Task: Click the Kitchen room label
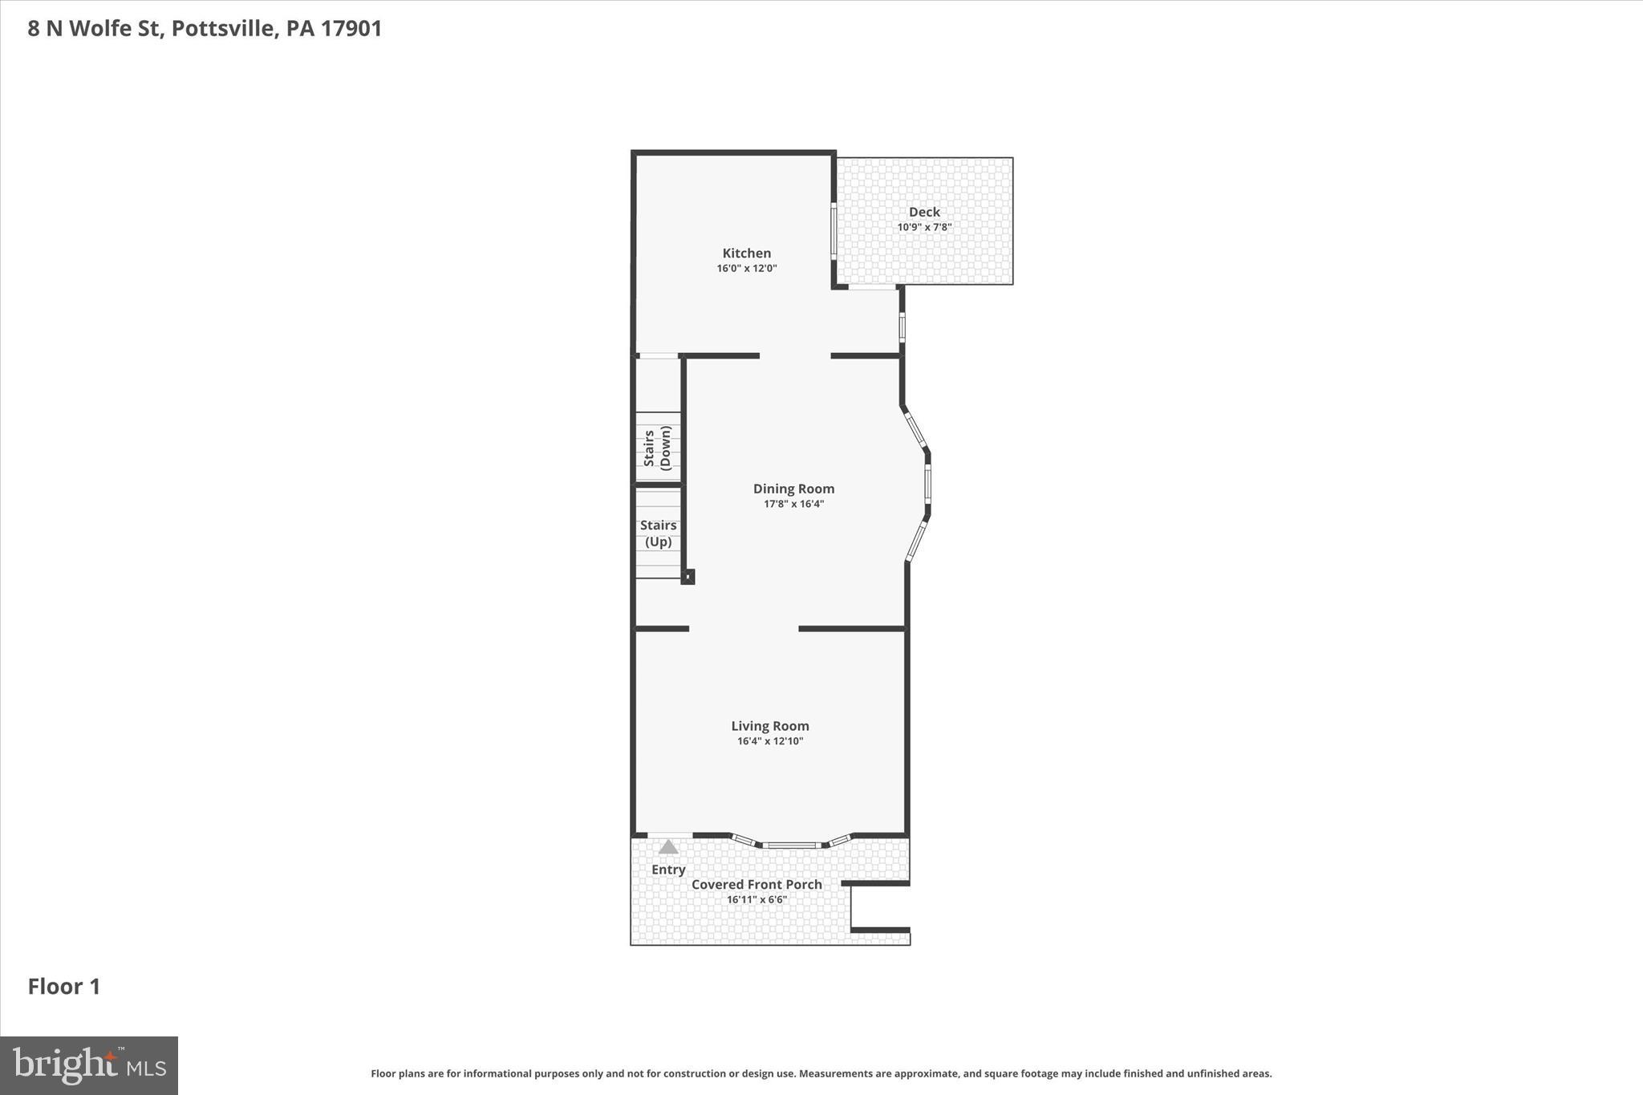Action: tap(746, 253)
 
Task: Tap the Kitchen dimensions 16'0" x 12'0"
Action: tap(746, 269)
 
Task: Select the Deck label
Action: tap(924, 213)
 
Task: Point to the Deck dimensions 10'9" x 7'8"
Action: tap(924, 228)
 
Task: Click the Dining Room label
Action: tap(793, 489)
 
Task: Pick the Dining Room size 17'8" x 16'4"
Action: tap(793, 505)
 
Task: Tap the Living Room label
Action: tap(769, 726)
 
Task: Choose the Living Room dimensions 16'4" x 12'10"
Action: tap(769, 741)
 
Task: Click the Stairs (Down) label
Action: tap(657, 448)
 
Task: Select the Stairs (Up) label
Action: tap(658, 533)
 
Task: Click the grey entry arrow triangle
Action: tap(668, 847)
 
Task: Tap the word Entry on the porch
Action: tap(668, 870)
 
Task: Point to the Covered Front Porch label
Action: tap(757, 884)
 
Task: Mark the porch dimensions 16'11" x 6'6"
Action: tap(757, 900)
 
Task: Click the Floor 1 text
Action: tap(64, 987)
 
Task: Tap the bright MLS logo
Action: tap(89, 1065)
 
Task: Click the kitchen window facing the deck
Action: tap(834, 231)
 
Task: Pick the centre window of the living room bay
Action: tap(791, 845)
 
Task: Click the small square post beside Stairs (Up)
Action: tap(688, 576)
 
